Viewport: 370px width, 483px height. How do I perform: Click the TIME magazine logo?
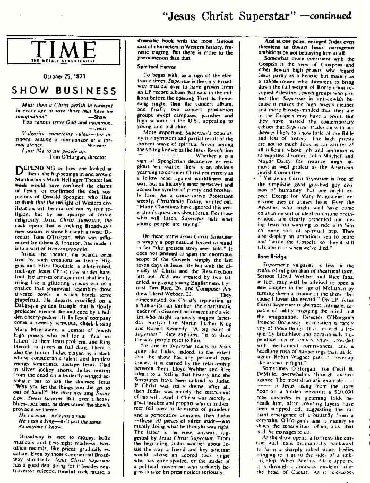pyautogui.click(x=62, y=52)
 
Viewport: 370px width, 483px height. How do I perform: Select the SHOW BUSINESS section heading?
pyautogui.click(x=64, y=91)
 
